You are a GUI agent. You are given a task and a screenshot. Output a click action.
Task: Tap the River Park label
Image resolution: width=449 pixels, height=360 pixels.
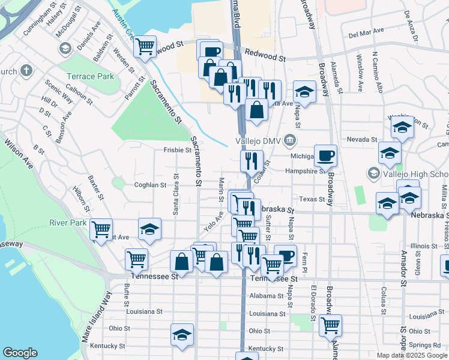pos(68,223)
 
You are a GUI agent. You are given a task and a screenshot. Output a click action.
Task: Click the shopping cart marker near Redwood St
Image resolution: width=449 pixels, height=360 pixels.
pos(145,46)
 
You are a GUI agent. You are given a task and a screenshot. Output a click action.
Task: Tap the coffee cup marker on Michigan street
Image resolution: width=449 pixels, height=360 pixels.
pos(325,155)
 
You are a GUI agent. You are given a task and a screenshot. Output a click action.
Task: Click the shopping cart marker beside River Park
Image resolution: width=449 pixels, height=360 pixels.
pos(101,229)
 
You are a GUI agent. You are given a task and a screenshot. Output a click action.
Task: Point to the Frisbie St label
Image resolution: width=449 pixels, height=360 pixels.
pos(177,150)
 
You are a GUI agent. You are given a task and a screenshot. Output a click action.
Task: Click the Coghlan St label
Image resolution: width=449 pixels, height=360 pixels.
pos(150,185)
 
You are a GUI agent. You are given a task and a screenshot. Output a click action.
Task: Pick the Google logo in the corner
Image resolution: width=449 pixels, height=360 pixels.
pos(20,353)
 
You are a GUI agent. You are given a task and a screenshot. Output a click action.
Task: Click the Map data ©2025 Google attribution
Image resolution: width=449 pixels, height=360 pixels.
pos(411,355)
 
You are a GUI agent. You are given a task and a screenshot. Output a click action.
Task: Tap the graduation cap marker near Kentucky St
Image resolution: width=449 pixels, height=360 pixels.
pos(182,335)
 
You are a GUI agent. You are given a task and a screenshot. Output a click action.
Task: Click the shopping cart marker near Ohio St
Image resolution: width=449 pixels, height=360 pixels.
pos(330,325)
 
